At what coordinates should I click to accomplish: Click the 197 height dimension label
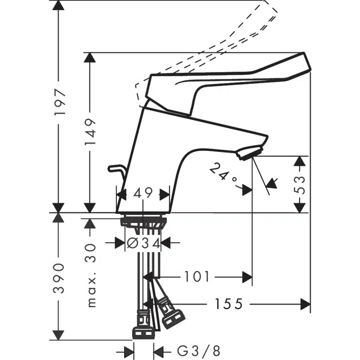[x=60, y=102]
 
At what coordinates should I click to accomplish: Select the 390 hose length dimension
[x=60, y=278]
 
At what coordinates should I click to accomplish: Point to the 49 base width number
[x=143, y=194]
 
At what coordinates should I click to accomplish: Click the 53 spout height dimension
[x=301, y=183]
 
